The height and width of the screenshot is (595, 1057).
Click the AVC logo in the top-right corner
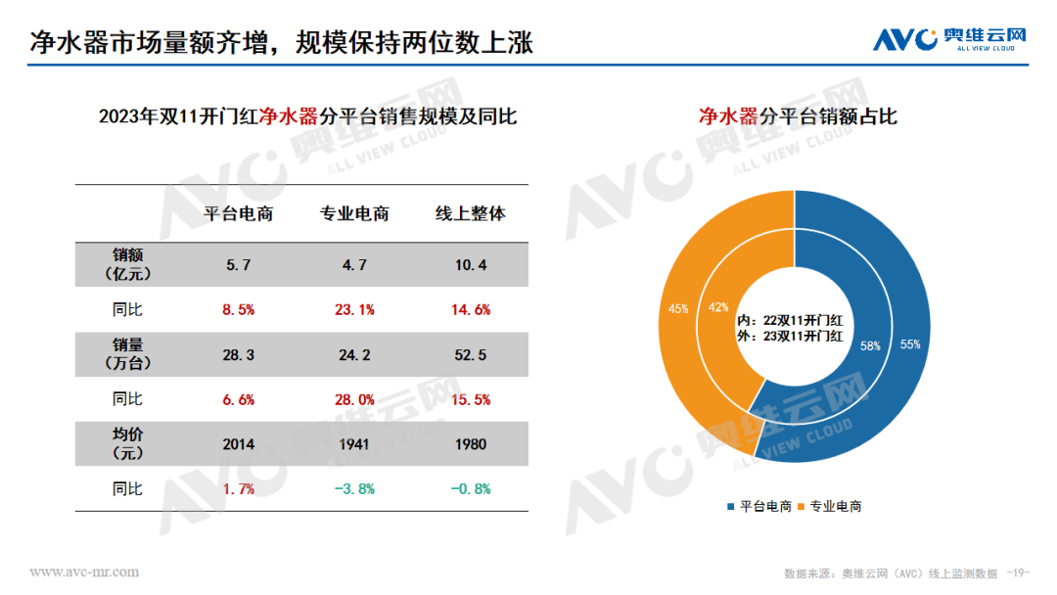[x=949, y=39]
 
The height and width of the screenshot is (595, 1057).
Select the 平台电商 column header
[x=238, y=213]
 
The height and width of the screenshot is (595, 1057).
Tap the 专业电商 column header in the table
[x=354, y=213]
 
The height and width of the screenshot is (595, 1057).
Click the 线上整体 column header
[x=471, y=213]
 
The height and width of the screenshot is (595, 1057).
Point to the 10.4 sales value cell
[x=471, y=265]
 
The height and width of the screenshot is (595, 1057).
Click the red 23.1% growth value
[x=354, y=310]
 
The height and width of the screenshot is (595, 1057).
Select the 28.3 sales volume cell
[x=238, y=355]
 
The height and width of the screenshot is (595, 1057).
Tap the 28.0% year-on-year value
[x=354, y=400]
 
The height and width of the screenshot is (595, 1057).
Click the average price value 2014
[x=238, y=444]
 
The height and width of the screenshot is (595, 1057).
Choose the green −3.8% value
[x=354, y=489]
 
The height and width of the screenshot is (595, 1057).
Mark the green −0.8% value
[x=471, y=489]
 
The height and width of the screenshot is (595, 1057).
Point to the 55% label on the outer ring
[x=910, y=344]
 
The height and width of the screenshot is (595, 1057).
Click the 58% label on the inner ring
[x=870, y=346]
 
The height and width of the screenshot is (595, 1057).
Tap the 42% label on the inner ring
[x=718, y=307]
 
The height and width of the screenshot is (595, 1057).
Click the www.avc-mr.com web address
[x=84, y=572]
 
